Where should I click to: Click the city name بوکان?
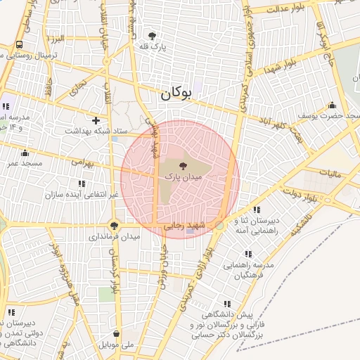[176, 93]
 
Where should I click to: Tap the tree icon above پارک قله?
[152, 35]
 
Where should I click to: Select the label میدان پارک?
[184, 178]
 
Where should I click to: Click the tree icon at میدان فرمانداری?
[114, 226]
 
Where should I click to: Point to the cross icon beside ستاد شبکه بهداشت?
[96, 120]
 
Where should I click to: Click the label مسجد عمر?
[26, 163]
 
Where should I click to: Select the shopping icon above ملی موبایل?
[115, 334]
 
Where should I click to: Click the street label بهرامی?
[82, 162]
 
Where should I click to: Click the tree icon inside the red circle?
[184, 167]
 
